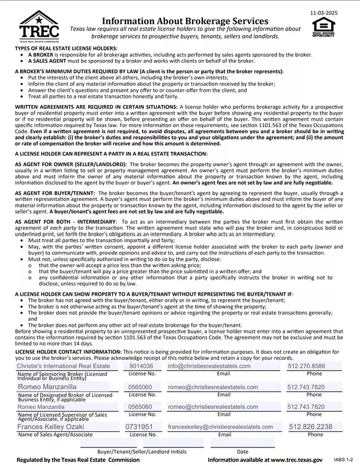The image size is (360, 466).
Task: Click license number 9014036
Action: coord(141,366)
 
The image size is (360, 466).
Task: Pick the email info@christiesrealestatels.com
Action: coord(209,366)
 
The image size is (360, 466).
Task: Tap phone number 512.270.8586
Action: coord(306,366)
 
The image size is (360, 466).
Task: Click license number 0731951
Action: coord(141,426)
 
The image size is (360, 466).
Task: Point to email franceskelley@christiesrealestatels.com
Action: coord(221,426)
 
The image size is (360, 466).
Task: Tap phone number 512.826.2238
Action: coord(311,426)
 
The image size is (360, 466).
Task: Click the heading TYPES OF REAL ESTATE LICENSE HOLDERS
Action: coord(66,47)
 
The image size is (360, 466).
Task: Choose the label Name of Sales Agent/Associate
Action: coord(55,435)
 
